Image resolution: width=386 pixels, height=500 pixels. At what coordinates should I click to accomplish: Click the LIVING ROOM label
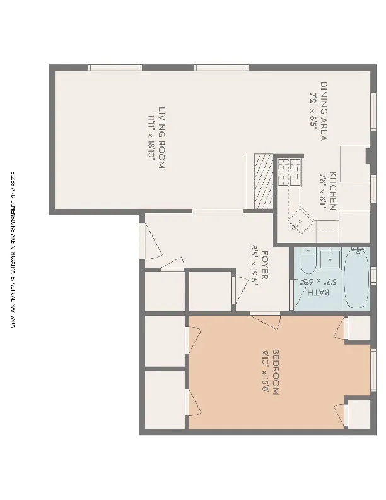pyautogui.click(x=162, y=137)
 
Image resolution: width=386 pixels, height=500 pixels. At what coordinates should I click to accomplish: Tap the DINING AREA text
pyautogui.click(x=324, y=110)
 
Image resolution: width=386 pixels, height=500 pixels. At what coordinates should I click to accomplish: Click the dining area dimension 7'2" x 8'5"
pyautogui.click(x=313, y=110)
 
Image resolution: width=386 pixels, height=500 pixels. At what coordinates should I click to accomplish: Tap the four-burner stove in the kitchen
pyautogui.click(x=289, y=171)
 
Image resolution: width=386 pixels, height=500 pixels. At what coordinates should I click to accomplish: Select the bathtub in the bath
pyautogui.click(x=357, y=278)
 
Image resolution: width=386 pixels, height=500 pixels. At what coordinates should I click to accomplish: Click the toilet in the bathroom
pyautogui.click(x=308, y=262)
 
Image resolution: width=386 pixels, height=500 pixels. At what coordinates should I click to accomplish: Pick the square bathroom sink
pyautogui.click(x=330, y=258)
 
